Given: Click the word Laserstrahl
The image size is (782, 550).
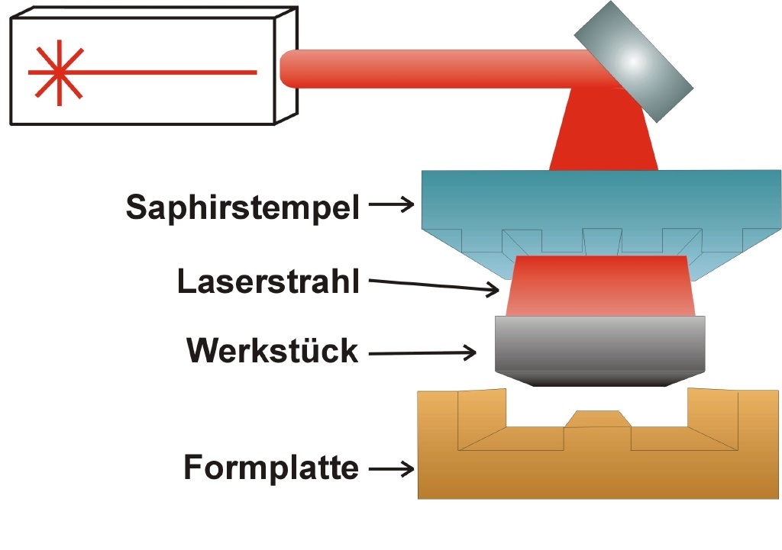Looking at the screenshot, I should point(268,282).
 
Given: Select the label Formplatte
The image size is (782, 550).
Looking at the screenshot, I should point(271,467).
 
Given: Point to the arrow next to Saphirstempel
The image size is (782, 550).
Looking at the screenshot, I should point(391,205).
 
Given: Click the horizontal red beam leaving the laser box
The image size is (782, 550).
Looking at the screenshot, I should point(428,69).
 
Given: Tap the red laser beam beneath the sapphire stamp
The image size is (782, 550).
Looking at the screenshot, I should point(600,286).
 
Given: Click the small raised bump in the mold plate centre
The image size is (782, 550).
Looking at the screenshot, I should point(596,419).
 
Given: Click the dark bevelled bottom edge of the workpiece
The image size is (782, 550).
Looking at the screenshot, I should point(599,379).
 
